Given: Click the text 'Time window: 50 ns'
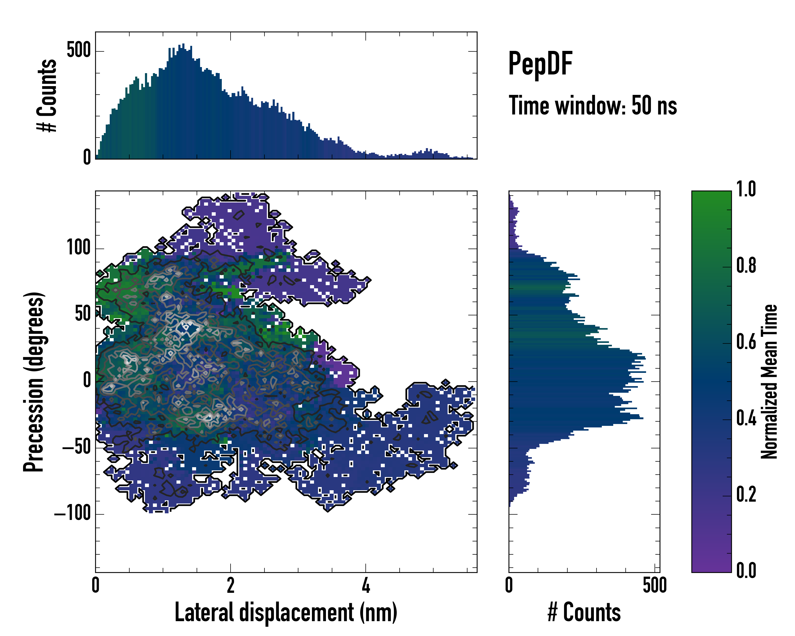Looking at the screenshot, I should click(593, 106).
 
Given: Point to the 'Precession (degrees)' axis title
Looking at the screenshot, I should click(34, 382).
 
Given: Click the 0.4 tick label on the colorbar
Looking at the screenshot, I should click(746, 418).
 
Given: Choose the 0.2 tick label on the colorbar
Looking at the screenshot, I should click(746, 494).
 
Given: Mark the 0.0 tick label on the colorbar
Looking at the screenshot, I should click(746, 570).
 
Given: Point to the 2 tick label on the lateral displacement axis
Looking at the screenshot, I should click(231, 585).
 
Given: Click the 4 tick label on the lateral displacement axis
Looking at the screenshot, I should click(365, 585).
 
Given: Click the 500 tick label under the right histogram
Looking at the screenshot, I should click(655, 585).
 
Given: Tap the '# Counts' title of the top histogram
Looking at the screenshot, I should click(47, 95).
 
